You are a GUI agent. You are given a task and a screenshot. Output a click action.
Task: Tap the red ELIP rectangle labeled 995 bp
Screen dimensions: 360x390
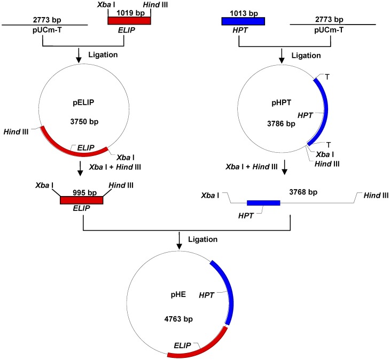[x=81, y=200]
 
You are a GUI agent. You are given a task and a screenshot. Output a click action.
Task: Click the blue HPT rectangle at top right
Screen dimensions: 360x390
[x=243, y=21]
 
